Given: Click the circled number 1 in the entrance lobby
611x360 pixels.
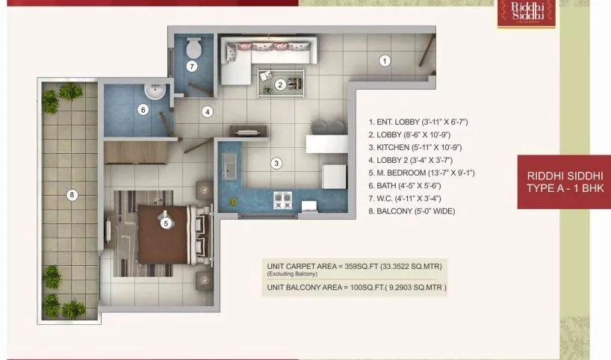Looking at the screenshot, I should tap(384, 61).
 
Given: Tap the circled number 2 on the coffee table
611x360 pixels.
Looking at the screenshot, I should tap(280, 84).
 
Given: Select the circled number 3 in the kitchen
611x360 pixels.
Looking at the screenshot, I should tap(276, 163).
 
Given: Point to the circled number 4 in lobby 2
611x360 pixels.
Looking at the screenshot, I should tap(207, 112).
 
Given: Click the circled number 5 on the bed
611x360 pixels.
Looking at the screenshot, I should tap(166, 222).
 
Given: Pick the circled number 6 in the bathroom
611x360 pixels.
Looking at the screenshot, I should tap(143, 110).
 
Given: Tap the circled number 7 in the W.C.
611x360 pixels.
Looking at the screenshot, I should tap(192, 66).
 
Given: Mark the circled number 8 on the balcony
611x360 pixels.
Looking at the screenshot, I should tap(72, 196).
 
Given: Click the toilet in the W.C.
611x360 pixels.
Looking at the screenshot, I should tap(193, 49).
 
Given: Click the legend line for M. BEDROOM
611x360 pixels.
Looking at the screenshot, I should tap(421, 173).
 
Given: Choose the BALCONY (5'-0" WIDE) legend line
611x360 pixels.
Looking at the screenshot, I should tap(412, 211).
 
